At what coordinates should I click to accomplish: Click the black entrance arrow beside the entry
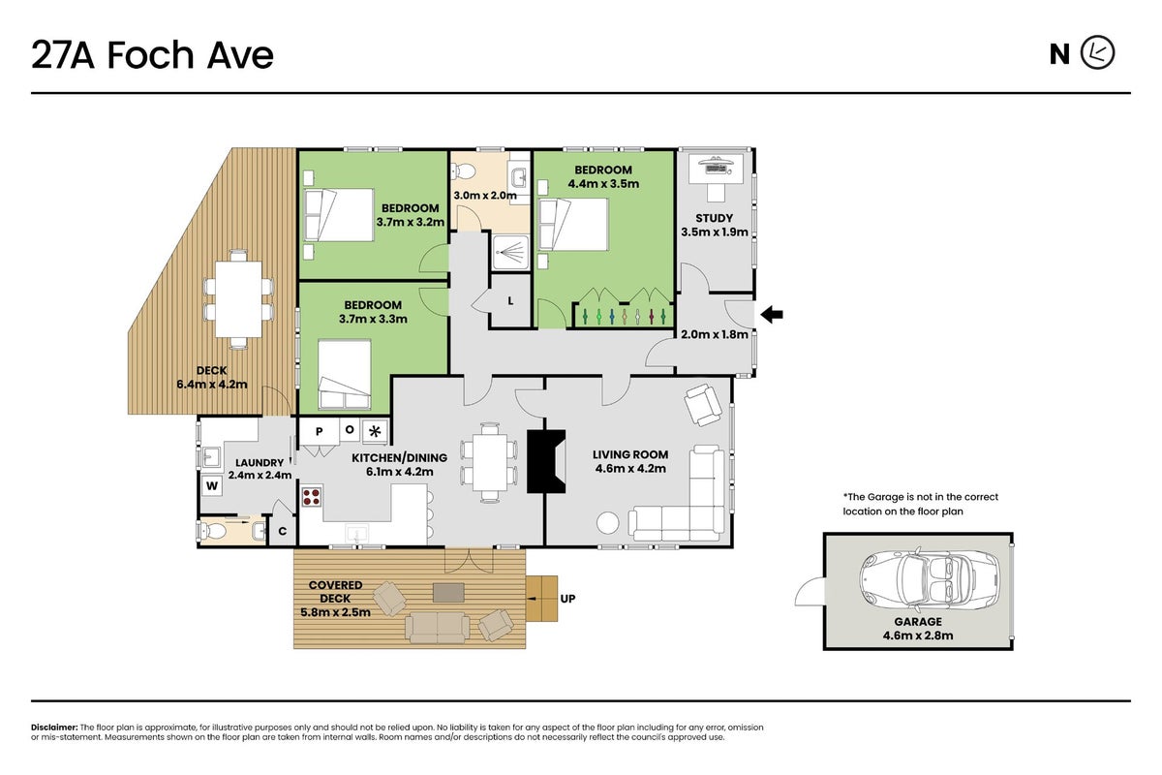(772, 315)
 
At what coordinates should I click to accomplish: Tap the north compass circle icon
(1098, 53)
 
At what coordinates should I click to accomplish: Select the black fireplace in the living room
(546, 461)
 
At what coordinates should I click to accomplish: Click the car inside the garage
(929, 578)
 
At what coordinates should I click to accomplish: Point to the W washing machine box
(212, 486)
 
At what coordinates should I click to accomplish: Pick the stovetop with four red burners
(311, 496)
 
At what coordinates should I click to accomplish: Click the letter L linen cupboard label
(510, 301)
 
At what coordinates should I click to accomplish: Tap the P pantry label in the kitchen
(319, 431)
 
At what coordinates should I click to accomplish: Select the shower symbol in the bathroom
(510, 253)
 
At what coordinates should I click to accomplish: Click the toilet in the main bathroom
(463, 170)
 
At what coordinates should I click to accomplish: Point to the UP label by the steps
(567, 599)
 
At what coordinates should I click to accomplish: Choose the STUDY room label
(715, 218)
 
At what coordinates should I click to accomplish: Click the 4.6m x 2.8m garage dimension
(918, 635)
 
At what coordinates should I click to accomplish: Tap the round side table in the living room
(607, 523)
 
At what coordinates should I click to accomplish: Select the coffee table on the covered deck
(448, 592)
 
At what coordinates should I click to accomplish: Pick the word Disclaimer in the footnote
(54, 728)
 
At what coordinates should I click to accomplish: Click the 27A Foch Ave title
(152, 54)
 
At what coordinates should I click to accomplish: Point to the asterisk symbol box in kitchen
(375, 431)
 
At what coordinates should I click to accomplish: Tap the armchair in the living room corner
(703, 404)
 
